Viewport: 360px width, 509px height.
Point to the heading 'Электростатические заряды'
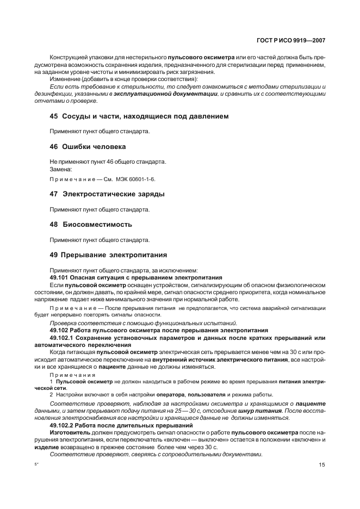[x=114, y=194]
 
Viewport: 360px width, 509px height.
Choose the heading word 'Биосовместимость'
[x=97, y=225]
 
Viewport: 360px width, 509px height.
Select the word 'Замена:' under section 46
[x=61, y=169]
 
